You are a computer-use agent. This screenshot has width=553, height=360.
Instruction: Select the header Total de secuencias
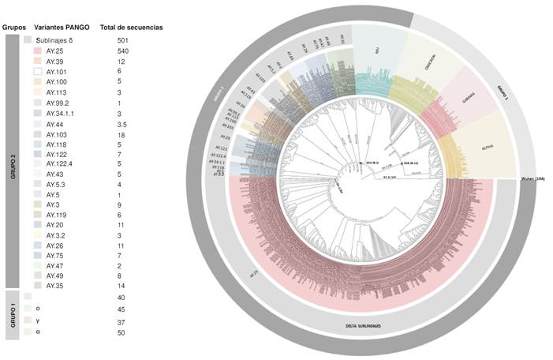coord(140,27)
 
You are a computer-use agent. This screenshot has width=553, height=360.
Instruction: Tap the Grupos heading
coord(14,27)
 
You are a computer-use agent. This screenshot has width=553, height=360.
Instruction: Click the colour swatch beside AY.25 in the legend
coord(37,51)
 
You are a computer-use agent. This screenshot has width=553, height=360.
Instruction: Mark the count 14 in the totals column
coord(120,285)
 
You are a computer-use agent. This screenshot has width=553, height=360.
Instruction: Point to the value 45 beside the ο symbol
coord(121,309)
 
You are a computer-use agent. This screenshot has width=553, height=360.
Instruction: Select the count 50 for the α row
coord(121,332)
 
